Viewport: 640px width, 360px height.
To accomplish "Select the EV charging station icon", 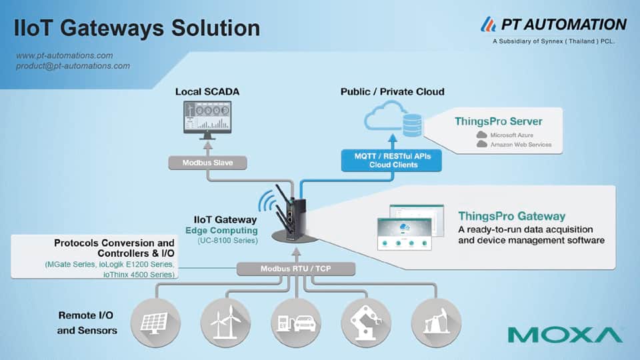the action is (296, 323).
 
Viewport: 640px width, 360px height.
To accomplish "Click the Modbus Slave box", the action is (207, 163).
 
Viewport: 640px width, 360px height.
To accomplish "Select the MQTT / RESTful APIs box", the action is (391, 161).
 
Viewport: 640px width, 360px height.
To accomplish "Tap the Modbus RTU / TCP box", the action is (296, 269).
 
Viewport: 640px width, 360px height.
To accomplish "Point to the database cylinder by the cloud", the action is (412, 125).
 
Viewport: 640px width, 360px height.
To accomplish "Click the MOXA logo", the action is (565, 335).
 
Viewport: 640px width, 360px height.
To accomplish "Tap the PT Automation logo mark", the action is (488, 24).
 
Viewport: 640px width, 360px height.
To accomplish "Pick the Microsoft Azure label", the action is (512, 135).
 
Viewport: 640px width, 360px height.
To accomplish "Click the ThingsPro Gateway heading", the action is (511, 216).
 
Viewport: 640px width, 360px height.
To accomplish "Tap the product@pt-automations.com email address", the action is (73, 66).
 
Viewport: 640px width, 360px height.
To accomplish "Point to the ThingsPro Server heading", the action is (499, 121).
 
